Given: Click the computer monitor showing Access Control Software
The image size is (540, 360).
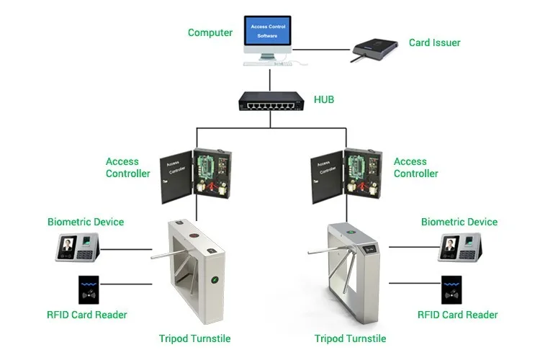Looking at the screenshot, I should [267, 33].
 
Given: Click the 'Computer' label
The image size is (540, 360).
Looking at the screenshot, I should [210, 32].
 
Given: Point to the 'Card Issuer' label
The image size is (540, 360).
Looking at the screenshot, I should [434, 42].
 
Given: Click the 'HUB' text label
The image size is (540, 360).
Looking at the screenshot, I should [324, 99].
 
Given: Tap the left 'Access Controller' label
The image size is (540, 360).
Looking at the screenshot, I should [128, 168].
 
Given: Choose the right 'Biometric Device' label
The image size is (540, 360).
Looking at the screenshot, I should [459, 222].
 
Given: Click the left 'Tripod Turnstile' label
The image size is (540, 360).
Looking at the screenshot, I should [194, 338].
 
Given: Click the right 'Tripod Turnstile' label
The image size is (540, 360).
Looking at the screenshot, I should [350, 338].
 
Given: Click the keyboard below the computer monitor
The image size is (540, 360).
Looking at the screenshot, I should [267, 63].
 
